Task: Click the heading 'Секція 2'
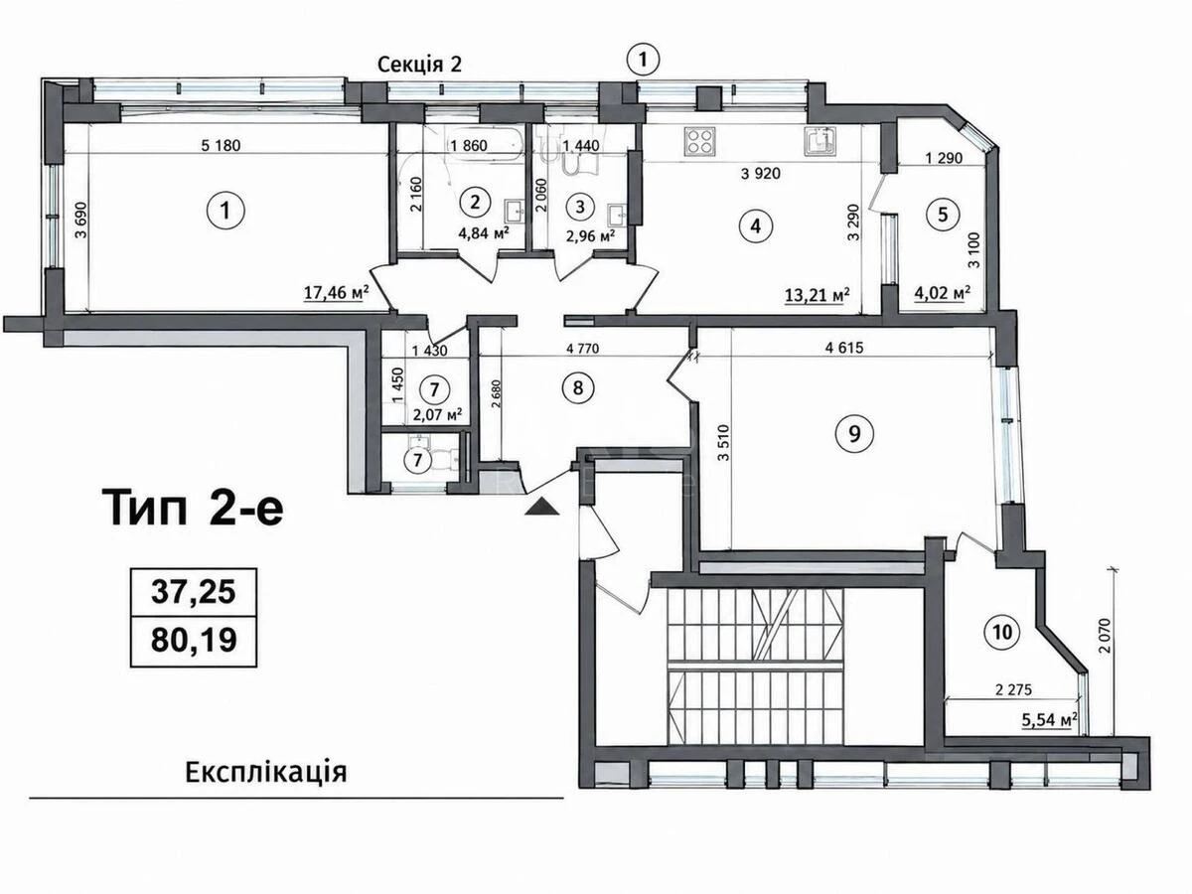point(419,65)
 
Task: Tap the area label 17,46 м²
point(336,293)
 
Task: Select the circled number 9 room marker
point(854,433)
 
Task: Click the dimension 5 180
point(221,145)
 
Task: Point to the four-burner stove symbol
point(699,141)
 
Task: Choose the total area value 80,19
point(194,640)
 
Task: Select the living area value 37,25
point(194,592)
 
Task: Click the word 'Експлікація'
point(266,772)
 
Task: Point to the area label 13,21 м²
point(818,295)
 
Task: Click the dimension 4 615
point(844,348)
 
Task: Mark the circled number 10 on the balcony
point(1002,633)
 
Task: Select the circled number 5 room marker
point(943,215)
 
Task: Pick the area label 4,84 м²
point(484,233)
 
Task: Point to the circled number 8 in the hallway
point(578,387)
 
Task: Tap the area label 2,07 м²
point(438,416)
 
